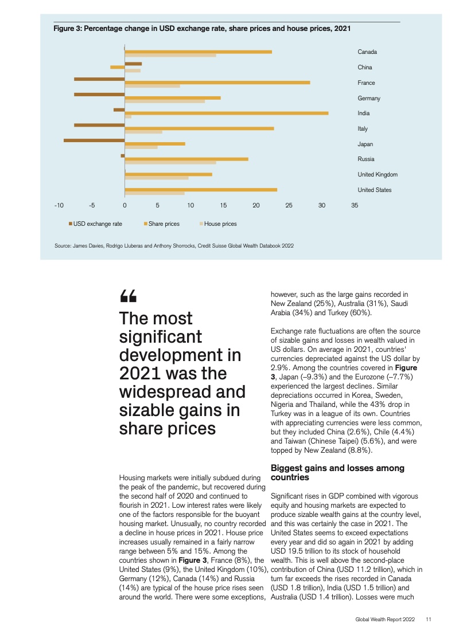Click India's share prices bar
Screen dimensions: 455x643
227,113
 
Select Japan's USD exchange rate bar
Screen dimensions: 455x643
94,140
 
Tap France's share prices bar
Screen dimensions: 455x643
217,83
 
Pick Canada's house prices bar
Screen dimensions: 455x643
170,56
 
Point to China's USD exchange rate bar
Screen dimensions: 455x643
134,64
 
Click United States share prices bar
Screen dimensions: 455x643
201,190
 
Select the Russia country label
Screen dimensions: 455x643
366,159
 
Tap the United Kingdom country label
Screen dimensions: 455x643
378,174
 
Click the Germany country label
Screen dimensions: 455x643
369,98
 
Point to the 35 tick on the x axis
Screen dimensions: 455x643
355,205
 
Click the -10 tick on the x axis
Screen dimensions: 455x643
59,205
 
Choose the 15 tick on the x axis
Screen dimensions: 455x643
223,205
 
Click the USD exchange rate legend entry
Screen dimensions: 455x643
95,224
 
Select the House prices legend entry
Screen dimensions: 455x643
218,224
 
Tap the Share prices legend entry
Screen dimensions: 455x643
162,224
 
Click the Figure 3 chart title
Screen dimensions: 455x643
202,28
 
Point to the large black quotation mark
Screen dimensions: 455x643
128,296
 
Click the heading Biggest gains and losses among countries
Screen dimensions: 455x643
337,472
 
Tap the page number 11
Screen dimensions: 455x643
428,619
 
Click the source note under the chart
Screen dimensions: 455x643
174,246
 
